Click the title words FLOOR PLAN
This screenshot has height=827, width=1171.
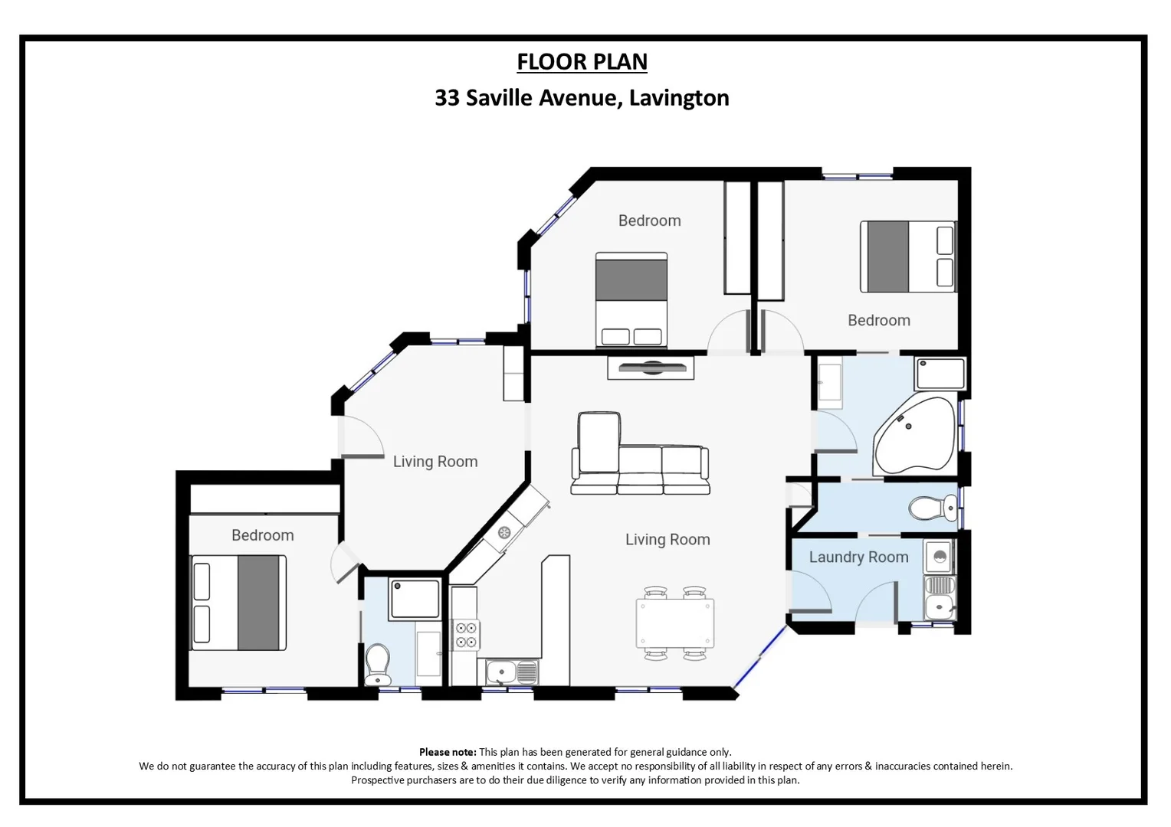pos(582,61)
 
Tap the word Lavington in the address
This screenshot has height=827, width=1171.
pos(678,98)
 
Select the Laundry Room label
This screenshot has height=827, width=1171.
pos(858,557)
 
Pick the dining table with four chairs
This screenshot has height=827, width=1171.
pos(675,623)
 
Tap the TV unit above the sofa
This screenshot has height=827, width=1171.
pos(651,368)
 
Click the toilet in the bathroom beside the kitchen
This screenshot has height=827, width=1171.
pos(378,662)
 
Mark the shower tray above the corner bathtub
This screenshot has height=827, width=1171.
pos(940,374)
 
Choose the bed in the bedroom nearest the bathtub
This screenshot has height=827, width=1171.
pos(907,257)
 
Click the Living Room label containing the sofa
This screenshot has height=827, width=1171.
pos(668,539)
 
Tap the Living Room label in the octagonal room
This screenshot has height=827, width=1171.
pos(435,461)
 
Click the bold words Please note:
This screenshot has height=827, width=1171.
pos(448,752)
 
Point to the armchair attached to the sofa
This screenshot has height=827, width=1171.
pos(599,444)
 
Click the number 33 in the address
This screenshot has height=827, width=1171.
pos(447,98)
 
